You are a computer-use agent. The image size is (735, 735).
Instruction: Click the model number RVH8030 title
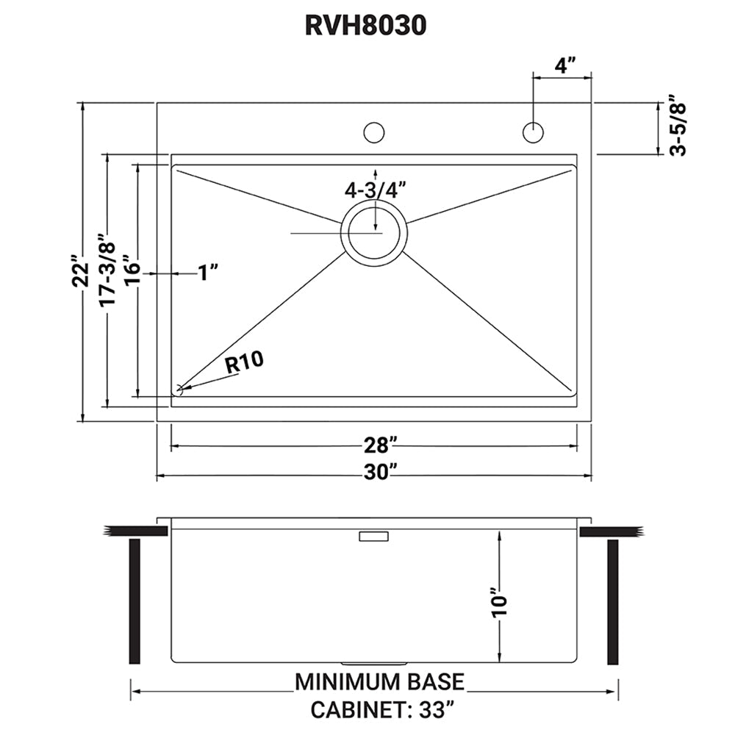tap(365, 26)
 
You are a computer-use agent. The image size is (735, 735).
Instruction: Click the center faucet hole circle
tap(374, 133)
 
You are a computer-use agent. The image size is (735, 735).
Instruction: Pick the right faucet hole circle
tap(533, 132)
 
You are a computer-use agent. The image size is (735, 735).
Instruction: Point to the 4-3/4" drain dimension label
tap(376, 190)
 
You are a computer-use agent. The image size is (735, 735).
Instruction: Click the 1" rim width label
tap(209, 273)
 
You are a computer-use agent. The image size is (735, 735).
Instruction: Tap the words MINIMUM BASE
tap(379, 681)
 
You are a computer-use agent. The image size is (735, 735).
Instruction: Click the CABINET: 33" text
tap(381, 711)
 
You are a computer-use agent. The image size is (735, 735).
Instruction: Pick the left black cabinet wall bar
tap(135, 601)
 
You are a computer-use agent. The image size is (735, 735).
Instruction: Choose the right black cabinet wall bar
tap(612, 601)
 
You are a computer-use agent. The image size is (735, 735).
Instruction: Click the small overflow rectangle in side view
tap(373, 537)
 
